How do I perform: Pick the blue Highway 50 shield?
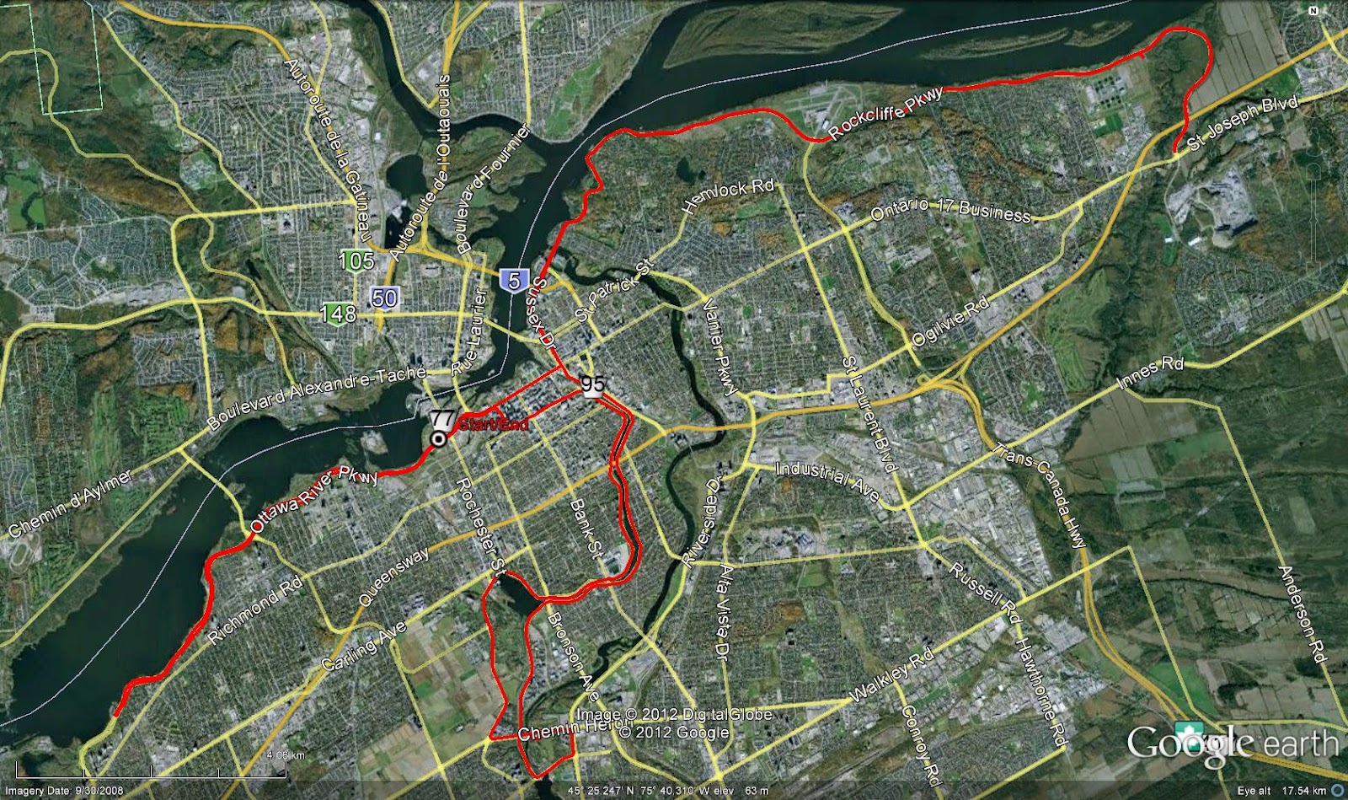point(384,297)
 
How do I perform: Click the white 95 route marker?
point(592,384)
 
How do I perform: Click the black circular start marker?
point(438,439)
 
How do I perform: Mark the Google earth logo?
point(1233,744)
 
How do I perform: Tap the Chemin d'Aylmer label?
point(71,504)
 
